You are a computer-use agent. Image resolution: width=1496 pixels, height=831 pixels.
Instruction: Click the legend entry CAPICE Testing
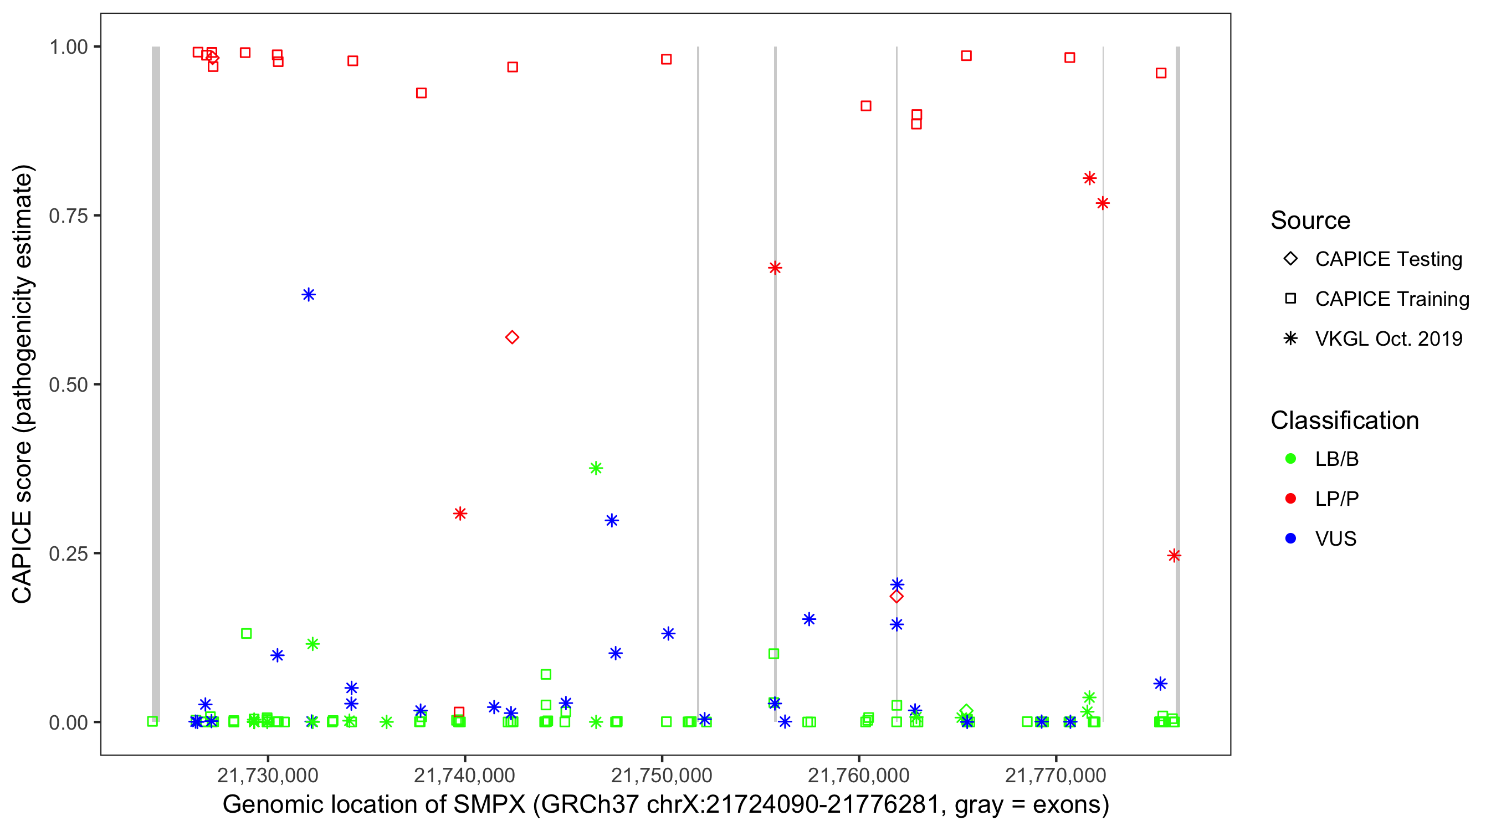point(1388,259)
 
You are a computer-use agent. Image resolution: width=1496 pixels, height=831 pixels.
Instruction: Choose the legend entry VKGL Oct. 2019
point(1388,338)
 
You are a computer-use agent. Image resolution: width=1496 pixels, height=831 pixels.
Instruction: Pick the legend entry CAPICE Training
point(1391,299)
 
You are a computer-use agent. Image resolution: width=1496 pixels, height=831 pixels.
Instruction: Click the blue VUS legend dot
point(1290,538)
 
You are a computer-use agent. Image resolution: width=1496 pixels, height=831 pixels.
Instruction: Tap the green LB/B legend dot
point(1290,459)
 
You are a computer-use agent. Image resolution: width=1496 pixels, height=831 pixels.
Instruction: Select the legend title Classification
point(1344,420)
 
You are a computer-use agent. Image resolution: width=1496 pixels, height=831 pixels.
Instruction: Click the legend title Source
point(1310,220)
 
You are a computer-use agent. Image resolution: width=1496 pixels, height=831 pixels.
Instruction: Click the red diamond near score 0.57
point(511,337)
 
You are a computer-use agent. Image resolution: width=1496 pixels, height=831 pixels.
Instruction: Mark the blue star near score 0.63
point(309,294)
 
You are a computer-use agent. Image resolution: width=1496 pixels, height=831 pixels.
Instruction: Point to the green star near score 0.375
point(596,468)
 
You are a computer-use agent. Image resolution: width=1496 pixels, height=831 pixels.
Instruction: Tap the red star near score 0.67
point(775,268)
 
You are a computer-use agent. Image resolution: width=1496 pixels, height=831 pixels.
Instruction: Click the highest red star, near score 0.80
point(1089,178)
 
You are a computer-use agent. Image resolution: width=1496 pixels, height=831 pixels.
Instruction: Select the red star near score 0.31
point(460,514)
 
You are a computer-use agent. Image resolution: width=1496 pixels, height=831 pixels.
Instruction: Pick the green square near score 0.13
point(246,634)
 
